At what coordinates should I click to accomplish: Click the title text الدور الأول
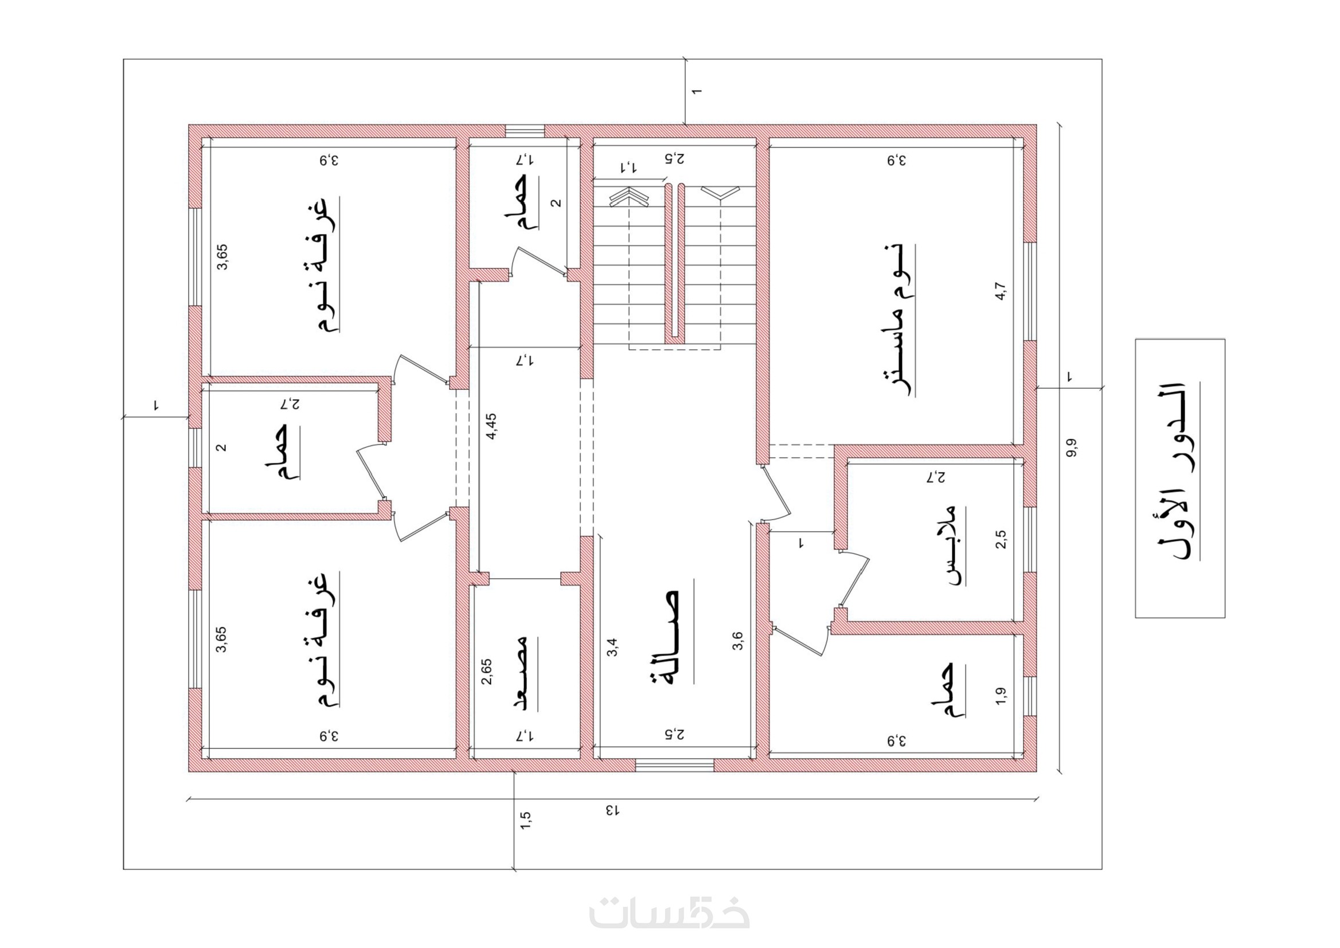1181,470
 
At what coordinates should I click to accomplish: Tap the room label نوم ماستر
899,321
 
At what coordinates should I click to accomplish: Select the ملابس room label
951,546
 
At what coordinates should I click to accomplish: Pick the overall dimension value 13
612,810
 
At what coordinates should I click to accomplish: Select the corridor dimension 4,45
491,426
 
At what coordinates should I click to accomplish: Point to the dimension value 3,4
612,647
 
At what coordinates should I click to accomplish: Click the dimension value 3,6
738,641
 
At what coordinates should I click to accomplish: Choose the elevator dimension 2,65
487,672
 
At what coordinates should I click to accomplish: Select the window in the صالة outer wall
675,764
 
